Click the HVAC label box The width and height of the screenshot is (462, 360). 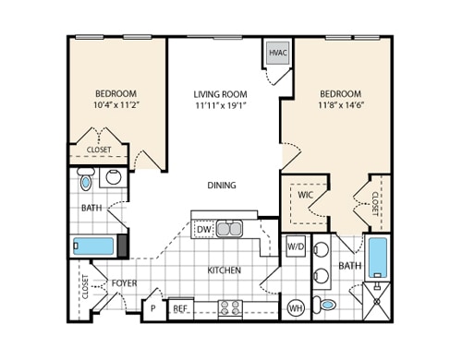click(x=277, y=54)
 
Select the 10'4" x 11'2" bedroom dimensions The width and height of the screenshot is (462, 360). click(x=116, y=106)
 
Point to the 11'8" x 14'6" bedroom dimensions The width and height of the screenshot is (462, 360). click(x=340, y=106)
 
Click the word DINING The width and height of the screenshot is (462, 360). click(x=221, y=185)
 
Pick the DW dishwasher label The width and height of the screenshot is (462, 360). click(x=204, y=229)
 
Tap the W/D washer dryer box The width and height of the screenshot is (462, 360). click(x=295, y=246)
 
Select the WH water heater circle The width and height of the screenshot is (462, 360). click(x=296, y=307)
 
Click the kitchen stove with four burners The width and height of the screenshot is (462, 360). click(x=229, y=307)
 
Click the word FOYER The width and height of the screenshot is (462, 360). click(x=124, y=282)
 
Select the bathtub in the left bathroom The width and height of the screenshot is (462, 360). click(x=92, y=246)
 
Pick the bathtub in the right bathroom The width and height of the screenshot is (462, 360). click(x=378, y=258)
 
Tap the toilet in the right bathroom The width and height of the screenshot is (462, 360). click(x=328, y=305)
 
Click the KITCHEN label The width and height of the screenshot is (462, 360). click(x=224, y=270)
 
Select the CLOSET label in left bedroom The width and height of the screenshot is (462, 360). click(x=99, y=150)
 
